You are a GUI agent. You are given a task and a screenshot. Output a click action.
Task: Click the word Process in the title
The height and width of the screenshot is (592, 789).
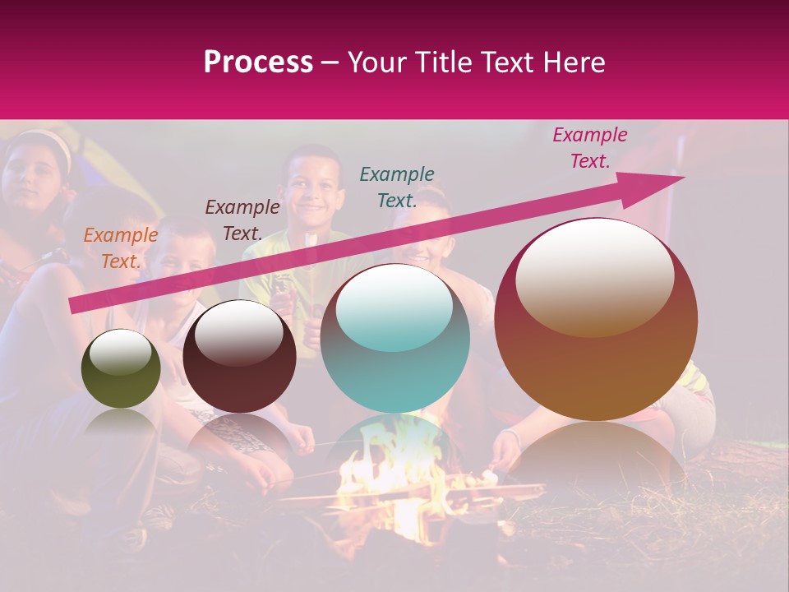tap(258, 62)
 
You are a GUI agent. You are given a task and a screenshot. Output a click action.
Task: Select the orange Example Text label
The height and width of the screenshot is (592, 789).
tap(121, 247)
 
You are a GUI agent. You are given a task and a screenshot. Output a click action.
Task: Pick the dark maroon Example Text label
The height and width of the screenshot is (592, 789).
tap(242, 220)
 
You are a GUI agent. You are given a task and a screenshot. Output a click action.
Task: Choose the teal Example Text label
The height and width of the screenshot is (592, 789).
tap(397, 187)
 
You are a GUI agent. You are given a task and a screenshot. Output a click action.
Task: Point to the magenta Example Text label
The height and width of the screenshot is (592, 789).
tap(590, 147)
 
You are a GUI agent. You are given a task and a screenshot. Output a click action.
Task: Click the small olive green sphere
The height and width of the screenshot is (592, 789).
tap(121, 369)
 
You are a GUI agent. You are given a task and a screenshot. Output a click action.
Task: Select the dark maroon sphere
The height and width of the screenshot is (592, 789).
tap(239, 357)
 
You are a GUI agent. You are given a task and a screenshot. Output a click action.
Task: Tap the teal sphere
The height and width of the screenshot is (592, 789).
tap(395, 338)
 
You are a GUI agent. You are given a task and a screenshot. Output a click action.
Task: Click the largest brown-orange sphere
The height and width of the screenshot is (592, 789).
tap(596, 319)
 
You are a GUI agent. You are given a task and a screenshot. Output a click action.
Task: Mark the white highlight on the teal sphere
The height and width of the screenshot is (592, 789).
tap(394, 307)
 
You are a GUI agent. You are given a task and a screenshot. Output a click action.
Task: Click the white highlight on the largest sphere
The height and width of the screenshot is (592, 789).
tap(595, 275)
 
